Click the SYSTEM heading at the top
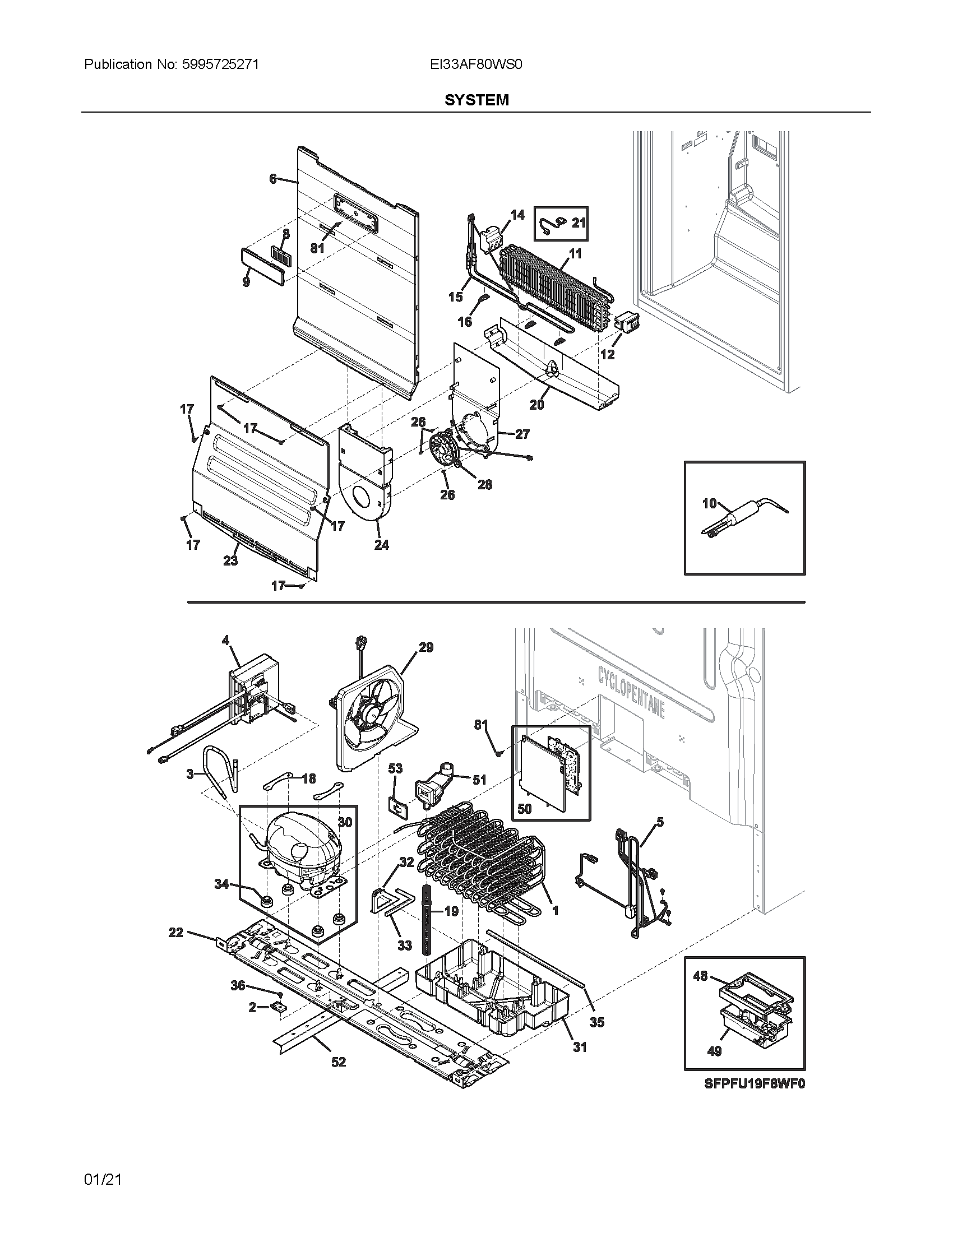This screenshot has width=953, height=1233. pos(476,100)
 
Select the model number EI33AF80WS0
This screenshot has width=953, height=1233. pos(476,64)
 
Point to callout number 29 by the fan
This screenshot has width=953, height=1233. pos(425,647)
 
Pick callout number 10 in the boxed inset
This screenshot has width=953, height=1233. pos(709,503)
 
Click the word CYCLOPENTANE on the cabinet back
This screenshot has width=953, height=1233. pos(631,690)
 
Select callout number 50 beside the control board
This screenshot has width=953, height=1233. pos(524,808)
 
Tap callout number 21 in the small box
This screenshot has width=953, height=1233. pos(579,223)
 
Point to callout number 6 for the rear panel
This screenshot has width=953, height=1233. pos(272,179)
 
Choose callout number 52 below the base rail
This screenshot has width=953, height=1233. pos(338,1062)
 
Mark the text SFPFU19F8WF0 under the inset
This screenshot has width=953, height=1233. pos(754,1083)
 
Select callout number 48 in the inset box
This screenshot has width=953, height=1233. pos(700,976)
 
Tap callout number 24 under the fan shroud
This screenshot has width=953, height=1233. pos(382,545)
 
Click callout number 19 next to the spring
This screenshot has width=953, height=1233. pos(451,911)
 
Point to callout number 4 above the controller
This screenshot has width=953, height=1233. pos(226,640)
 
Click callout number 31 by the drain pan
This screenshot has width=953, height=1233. pos(580,1047)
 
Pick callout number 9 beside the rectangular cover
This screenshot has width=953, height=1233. pos(246,282)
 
